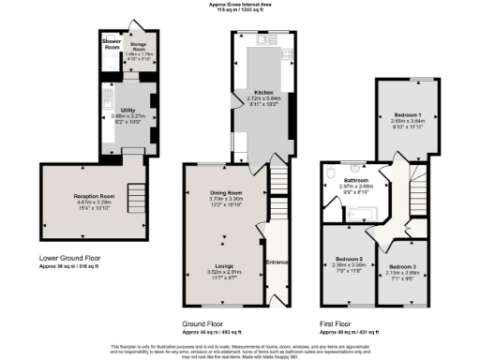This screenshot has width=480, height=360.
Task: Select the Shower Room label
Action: click(x=112, y=44)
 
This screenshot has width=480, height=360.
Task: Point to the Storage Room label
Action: click(x=136, y=45)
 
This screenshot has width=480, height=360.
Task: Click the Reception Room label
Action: click(x=93, y=196)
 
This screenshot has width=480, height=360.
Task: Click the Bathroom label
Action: click(x=355, y=180)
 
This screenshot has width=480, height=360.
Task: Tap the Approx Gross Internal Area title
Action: click(x=239, y=4)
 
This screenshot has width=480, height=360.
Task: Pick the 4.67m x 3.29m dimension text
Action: click(x=93, y=202)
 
